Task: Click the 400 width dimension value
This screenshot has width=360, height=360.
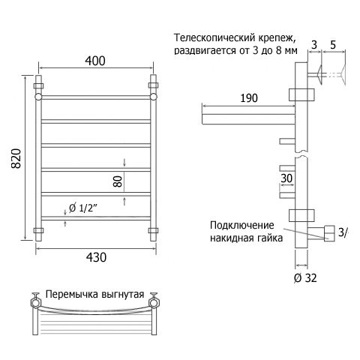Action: [x=95, y=61]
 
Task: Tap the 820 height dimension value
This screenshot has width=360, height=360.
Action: [x=16, y=158]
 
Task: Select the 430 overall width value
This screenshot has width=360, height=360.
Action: [x=96, y=257]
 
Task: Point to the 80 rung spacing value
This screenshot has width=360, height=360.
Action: [x=118, y=181]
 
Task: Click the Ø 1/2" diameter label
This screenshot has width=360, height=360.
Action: [x=82, y=208]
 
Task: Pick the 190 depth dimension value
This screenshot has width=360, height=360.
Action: [x=249, y=98]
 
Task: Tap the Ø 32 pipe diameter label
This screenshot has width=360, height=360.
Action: [x=305, y=277]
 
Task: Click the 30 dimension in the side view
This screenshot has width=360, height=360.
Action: [x=286, y=178]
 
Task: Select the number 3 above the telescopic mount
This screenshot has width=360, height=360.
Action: [x=314, y=45]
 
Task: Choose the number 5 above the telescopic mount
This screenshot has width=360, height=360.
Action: [x=333, y=45]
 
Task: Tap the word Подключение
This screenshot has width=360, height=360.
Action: [x=242, y=226]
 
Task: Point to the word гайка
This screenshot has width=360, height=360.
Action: [x=269, y=238]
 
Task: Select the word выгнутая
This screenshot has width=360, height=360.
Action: [x=123, y=295]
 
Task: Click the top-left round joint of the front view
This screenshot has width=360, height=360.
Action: [x=38, y=97]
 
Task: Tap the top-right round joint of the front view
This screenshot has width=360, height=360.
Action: [x=154, y=97]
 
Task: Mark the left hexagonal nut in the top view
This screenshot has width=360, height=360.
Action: [x=35, y=303]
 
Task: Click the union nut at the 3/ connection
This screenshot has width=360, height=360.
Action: [x=329, y=233]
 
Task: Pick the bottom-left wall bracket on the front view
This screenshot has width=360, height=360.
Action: [x=38, y=230]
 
